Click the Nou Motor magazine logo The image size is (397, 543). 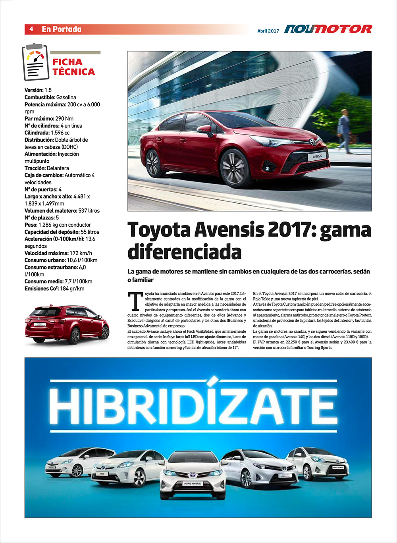click(328, 29)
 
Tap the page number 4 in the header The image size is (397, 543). click(31, 29)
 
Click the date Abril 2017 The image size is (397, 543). click(268, 31)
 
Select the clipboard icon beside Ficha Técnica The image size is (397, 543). click(35, 62)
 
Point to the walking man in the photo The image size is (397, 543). click(344, 127)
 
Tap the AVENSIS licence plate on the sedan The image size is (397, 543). click(317, 156)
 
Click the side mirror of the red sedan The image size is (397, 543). click(205, 129)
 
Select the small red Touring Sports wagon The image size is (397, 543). click(67, 324)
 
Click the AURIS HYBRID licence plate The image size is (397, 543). click(193, 483)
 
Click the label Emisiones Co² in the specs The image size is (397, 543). click(41, 289)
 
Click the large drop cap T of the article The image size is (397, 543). click(135, 302)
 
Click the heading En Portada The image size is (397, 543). click(62, 29)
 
